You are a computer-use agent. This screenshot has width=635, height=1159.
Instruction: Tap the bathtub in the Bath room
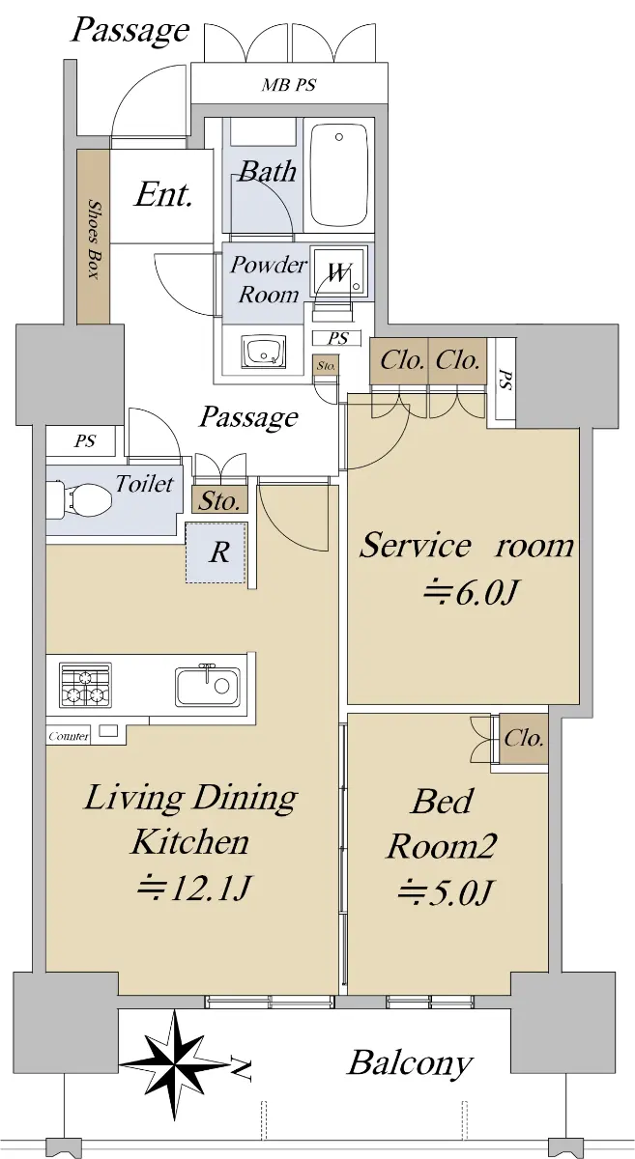point(339,175)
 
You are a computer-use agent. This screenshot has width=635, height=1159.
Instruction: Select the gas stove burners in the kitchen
point(85,685)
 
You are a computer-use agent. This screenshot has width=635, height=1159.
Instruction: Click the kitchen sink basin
point(208,686)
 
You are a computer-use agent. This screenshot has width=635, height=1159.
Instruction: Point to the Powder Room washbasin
point(264,352)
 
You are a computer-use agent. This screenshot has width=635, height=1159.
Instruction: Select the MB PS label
point(288,84)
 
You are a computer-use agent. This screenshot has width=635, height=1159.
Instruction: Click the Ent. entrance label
point(163,195)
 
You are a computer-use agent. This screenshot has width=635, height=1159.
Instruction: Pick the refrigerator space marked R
point(217,553)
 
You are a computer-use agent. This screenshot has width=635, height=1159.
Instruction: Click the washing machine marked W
point(339,271)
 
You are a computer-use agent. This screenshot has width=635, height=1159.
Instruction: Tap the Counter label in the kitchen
point(69,736)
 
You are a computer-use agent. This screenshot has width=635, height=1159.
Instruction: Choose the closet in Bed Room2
point(524,738)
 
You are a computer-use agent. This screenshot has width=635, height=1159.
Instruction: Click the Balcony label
point(410,1063)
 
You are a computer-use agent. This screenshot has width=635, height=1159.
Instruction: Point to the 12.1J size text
point(193,888)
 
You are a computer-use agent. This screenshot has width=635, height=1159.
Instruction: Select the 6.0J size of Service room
point(471,592)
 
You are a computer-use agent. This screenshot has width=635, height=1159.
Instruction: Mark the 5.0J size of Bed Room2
point(445,892)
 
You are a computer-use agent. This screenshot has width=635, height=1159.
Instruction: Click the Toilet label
point(144,483)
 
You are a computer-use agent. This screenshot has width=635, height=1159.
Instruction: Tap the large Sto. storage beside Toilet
point(219,500)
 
